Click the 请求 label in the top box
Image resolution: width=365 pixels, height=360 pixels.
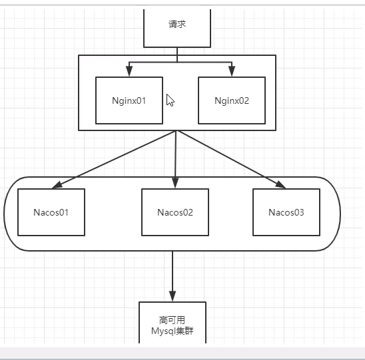pyautogui.click(x=177, y=24)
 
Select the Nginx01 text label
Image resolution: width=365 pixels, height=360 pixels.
pyautogui.click(x=129, y=100)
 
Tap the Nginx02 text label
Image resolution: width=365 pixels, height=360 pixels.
pyautogui.click(x=232, y=100)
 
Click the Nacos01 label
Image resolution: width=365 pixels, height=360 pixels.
pyautogui.click(x=51, y=212)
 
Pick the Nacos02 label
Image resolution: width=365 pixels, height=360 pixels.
pyautogui.click(x=175, y=212)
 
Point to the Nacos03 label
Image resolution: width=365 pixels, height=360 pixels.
pyautogui.click(x=286, y=212)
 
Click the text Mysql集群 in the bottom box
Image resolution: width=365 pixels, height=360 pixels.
pyautogui.click(x=173, y=331)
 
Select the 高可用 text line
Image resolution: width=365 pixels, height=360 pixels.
pyautogui.click(x=173, y=320)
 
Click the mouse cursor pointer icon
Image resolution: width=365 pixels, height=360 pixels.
pyautogui.click(x=170, y=100)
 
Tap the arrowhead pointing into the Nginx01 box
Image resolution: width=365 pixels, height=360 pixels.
pyautogui.click(x=129, y=71)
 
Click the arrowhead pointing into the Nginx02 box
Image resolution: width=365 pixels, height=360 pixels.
pyautogui.click(x=232, y=71)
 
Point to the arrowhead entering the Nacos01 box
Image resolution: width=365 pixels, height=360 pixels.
pyautogui.click(x=57, y=185)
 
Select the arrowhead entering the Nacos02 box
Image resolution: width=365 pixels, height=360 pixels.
pyautogui.click(x=175, y=183)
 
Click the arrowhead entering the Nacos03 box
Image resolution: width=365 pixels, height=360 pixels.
pyautogui.click(x=280, y=184)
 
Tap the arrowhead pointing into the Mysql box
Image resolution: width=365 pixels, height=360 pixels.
pyautogui.click(x=173, y=296)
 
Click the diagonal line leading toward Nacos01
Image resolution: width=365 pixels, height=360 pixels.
pyautogui.click(x=114, y=160)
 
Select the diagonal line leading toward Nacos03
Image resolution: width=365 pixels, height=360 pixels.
pyautogui.click(x=231, y=160)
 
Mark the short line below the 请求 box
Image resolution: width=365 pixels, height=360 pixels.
pyautogui.click(x=177, y=55)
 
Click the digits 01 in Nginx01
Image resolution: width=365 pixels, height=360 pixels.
pyautogui.click(x=141, y=100)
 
